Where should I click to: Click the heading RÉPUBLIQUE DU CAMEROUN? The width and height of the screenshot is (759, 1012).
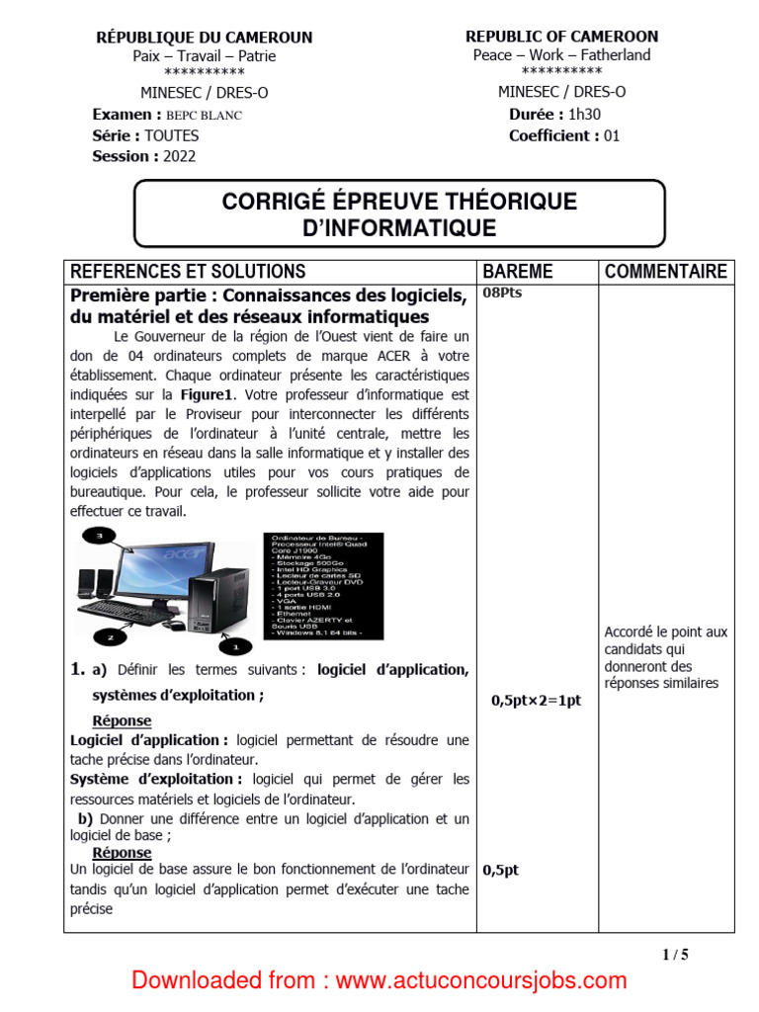pyautogui.click(x=204, y=38)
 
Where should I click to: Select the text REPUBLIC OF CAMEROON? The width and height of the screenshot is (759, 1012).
pyautogui.click(x=561, y=37)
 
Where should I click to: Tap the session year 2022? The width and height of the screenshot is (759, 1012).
pyautogui.click(x=180, y=156)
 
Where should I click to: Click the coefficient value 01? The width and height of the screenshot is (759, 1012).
pyautogui.click(x=612, y=136)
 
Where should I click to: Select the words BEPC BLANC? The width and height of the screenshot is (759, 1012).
pyautogui.click(x=204, y=115)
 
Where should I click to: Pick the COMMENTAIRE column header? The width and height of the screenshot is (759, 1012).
pyautogui.click(x=665, y=272)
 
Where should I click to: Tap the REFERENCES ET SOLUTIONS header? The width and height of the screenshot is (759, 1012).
pyautogui.click(x=188, y=272)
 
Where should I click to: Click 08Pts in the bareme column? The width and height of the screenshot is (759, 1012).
pyautogui.click(x=502, y=295)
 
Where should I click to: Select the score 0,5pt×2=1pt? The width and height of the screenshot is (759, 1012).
pyautogui.click(x=535, y=701)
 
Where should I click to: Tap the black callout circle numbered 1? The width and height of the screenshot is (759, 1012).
pyautogui.click(x=234, y=647)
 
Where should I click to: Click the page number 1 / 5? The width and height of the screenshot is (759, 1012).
pyautogui.click(x=675, y=954)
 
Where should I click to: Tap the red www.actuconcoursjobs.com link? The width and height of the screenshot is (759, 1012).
pyautogui.click(x=480, y=980)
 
